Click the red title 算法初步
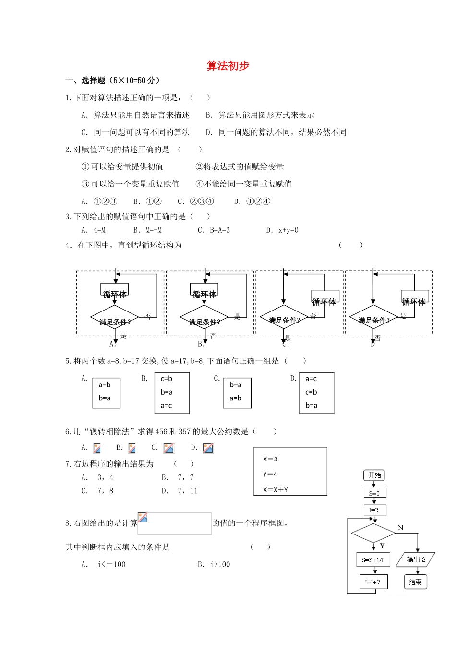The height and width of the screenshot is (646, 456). tap(228, 66)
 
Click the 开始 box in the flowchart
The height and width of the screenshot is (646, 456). tap(374, 475)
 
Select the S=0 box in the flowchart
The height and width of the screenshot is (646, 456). tap(374, 493)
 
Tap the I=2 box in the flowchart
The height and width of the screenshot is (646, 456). tap(374, 510)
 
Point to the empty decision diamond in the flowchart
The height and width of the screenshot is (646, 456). tap(373, 533)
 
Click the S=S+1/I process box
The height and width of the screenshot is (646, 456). tap(373, 560)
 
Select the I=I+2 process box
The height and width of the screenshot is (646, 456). tap(373, 582)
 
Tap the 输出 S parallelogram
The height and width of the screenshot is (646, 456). tap(416, 559)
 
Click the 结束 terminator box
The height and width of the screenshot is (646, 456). tap(415, 582)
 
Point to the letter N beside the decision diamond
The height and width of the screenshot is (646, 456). tap(401, 528)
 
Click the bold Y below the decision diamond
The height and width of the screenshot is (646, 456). tap(382, 546)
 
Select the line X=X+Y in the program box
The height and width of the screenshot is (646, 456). tap(276, 490)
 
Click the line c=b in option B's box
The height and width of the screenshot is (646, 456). tap(167, 379)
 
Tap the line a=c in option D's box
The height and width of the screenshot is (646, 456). tap(311, 379)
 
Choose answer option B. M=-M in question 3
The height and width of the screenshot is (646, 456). tap(148, 230)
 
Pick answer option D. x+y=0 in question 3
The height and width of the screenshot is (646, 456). tap(282, 230)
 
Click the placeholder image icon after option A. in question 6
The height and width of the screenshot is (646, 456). tap(97, 448)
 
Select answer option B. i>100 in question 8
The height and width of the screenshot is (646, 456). tap(214, 564)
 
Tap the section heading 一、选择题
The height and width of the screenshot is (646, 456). tap(85, 80)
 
